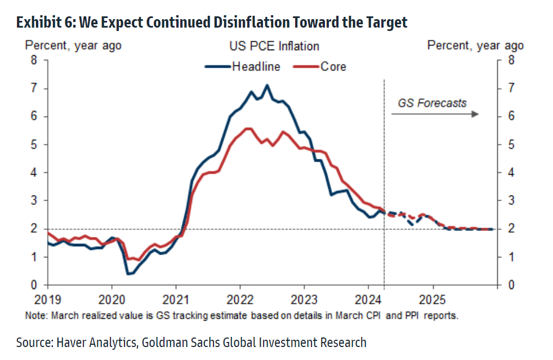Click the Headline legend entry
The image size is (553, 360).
coord(256,67)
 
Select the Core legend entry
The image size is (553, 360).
coord(333,67)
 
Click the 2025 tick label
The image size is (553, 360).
coord(433,298)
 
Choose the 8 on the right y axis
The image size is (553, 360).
coord(511,60)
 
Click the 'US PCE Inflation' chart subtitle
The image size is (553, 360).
coord(274,46)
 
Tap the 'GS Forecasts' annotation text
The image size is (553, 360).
coord(432,103)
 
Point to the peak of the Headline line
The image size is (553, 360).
coord(267,85)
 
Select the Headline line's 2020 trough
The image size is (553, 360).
coord(129,274)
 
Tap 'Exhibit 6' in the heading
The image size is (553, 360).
coord(45,22)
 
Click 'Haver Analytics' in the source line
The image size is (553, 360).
coord(91,342)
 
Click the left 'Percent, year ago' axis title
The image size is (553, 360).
coord(72,46)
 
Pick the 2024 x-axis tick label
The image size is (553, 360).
coord(369,298)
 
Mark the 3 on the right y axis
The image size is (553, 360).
coord(511,201)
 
